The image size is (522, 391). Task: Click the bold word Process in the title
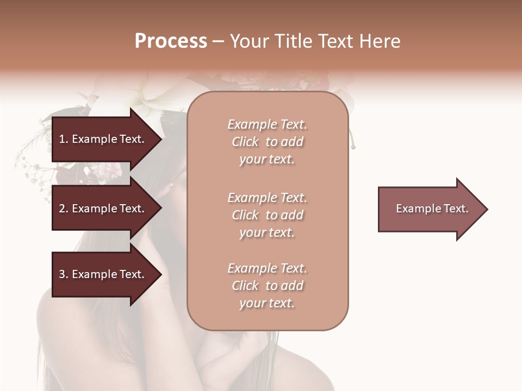[171, 41]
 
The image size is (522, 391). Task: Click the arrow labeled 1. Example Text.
[103, 139]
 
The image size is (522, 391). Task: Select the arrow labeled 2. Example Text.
[103, 209]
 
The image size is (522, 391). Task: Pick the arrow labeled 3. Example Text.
[103, 274]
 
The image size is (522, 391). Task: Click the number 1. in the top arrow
[64, 139]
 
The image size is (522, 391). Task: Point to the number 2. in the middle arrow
[64, 209]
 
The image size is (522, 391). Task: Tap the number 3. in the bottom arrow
[64, 274]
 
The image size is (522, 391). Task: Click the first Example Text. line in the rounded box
[267, 124]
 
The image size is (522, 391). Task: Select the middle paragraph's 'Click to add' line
[267, 215]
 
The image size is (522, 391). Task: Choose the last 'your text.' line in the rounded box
[267, 303]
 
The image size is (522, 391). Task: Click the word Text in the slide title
[338, 41]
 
